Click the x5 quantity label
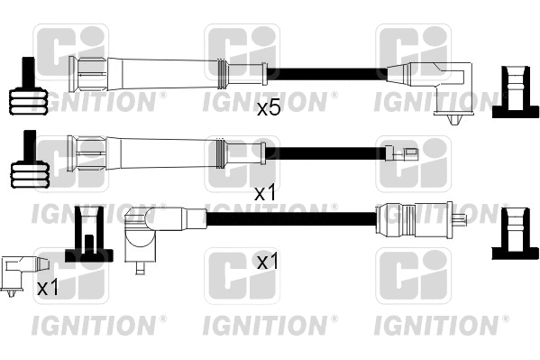pos(269,109)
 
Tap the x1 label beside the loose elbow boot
pos(48,289)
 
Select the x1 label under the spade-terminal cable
pos(264,192)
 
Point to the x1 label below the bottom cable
pos(268,262)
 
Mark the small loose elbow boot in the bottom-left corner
pos(22,272)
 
